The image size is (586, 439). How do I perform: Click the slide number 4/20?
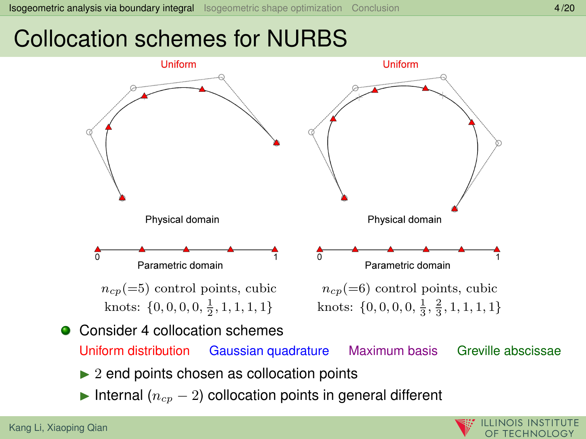click(564, 8)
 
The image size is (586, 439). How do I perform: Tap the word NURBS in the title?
click(307, 39)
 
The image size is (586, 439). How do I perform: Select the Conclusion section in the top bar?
click(375, 8)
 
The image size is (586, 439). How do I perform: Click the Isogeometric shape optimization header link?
click(273, 8)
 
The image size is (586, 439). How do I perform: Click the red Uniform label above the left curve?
click(178, 64)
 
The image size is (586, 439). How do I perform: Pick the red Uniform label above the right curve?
click(400, 64)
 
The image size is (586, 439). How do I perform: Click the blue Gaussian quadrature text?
click(269, 351)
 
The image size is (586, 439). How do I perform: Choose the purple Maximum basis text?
click(393, 351)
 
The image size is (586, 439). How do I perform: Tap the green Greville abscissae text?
click(509, 351)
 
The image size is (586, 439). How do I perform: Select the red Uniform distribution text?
click(134, 351)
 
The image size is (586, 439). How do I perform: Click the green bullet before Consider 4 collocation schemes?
click(66, 330)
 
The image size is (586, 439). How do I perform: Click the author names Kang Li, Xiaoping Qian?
click(58, 428)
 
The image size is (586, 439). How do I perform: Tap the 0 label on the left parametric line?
click(97, 257)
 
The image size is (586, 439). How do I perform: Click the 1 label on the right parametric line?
click(498, 257)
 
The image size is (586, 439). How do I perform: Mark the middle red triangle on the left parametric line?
click(186, 249)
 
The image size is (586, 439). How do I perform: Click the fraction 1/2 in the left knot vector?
click(210, 307)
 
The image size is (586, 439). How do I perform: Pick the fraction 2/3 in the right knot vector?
click(438, 307)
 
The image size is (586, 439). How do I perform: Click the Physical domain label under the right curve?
click(404, 220)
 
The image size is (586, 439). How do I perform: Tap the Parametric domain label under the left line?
click(180, 266)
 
